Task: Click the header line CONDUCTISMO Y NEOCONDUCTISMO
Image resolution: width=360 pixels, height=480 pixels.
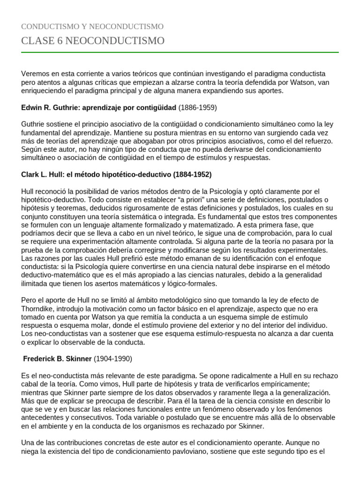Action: point(92,27)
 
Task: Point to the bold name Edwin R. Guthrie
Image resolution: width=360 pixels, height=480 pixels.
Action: point(50,107)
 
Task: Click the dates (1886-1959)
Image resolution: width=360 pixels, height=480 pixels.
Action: point(197,107)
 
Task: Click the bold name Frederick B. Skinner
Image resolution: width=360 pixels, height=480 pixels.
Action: point(58,359)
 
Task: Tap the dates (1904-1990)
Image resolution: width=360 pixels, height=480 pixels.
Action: point(113,359)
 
